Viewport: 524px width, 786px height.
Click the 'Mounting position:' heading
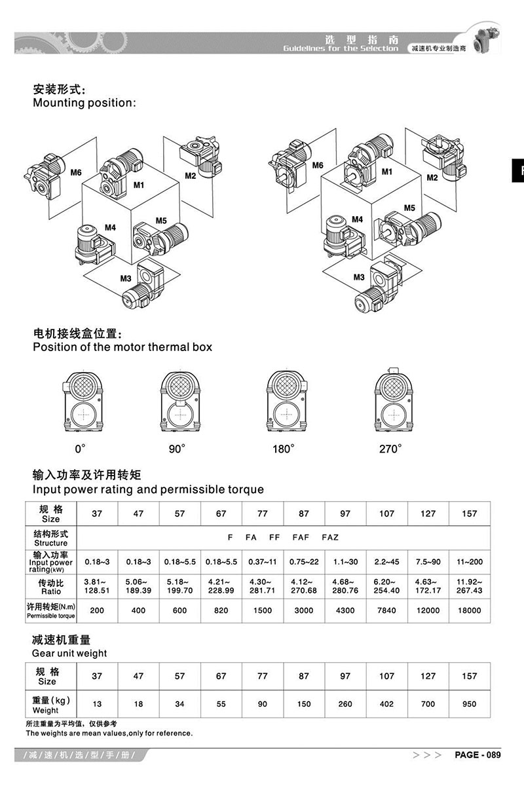point(84,103)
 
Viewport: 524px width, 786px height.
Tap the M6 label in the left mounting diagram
point(76,173)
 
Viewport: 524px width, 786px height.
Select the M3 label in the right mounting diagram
point(358,277)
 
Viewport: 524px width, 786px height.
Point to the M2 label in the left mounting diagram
point(191,176)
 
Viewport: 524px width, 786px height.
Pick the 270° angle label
point(390,449)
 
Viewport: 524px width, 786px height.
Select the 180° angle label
point(284,449)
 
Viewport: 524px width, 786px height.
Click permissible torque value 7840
point(387,610)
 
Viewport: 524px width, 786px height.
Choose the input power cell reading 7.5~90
point(428,561)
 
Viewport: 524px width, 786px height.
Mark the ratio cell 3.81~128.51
point(97,586)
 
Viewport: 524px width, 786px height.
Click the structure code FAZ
point(331,537)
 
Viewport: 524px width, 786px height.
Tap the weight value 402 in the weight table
point(387,704)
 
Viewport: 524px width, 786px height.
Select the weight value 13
point(97,704)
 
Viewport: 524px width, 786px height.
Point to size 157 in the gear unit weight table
point(470,676)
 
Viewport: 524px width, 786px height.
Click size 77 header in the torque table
point(263,514)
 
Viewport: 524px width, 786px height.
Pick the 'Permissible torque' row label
point(51,615)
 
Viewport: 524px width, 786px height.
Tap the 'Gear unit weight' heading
point(69,653)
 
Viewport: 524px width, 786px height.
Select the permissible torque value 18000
point(470,610)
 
